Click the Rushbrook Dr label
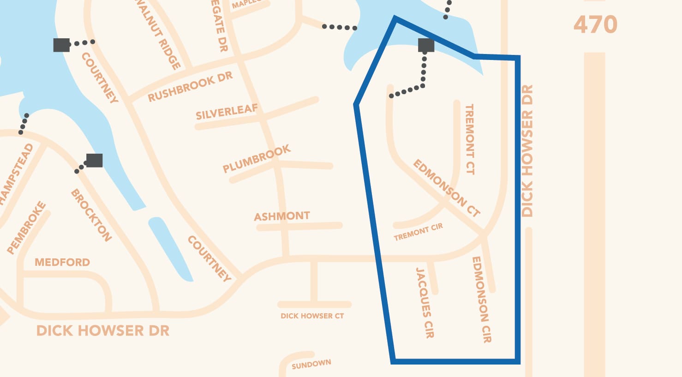coord(190,87)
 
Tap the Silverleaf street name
coord(226,112)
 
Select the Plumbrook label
coord(257,158)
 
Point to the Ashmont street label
coord(282,216)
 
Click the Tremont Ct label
coord(469,139)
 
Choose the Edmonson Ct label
coord(446,188)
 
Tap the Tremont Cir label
coord(418,232)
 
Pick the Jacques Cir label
coord(425,303)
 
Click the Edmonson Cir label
coord(481,299)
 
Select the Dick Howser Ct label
coord(312,316)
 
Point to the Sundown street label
coord(311,364)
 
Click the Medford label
coord(62,263)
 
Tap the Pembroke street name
coord(27,227)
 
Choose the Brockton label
coord(91,215)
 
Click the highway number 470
coord(595,25)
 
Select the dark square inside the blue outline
coord(426,45)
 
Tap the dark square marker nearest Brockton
coord(94,160)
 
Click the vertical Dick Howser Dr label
coord(527,150)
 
